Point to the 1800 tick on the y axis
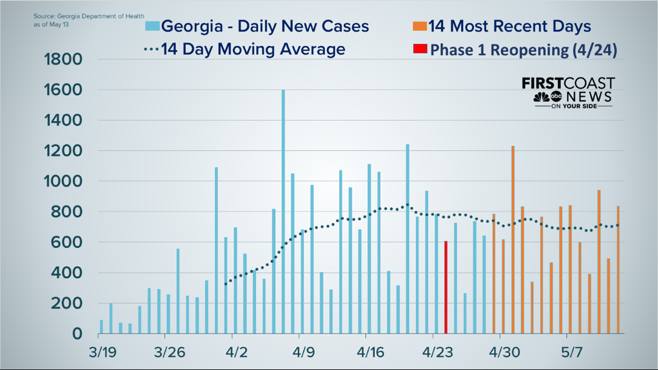tap(64, 59)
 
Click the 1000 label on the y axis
tap(64, 181)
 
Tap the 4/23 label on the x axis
tap(436, 352)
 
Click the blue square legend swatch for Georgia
tap(152, 27)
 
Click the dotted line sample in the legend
tap(151, 50)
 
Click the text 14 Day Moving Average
tap(253, 50)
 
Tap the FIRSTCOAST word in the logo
tap(568, 84)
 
